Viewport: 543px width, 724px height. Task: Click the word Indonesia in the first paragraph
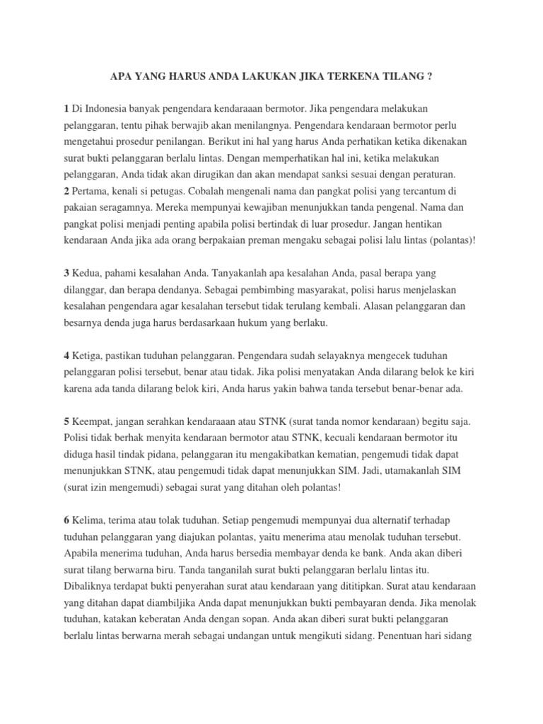click(109, 107)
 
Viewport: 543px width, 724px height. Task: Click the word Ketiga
click(88, 356)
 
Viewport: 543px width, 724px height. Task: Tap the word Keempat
click(93, 421)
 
